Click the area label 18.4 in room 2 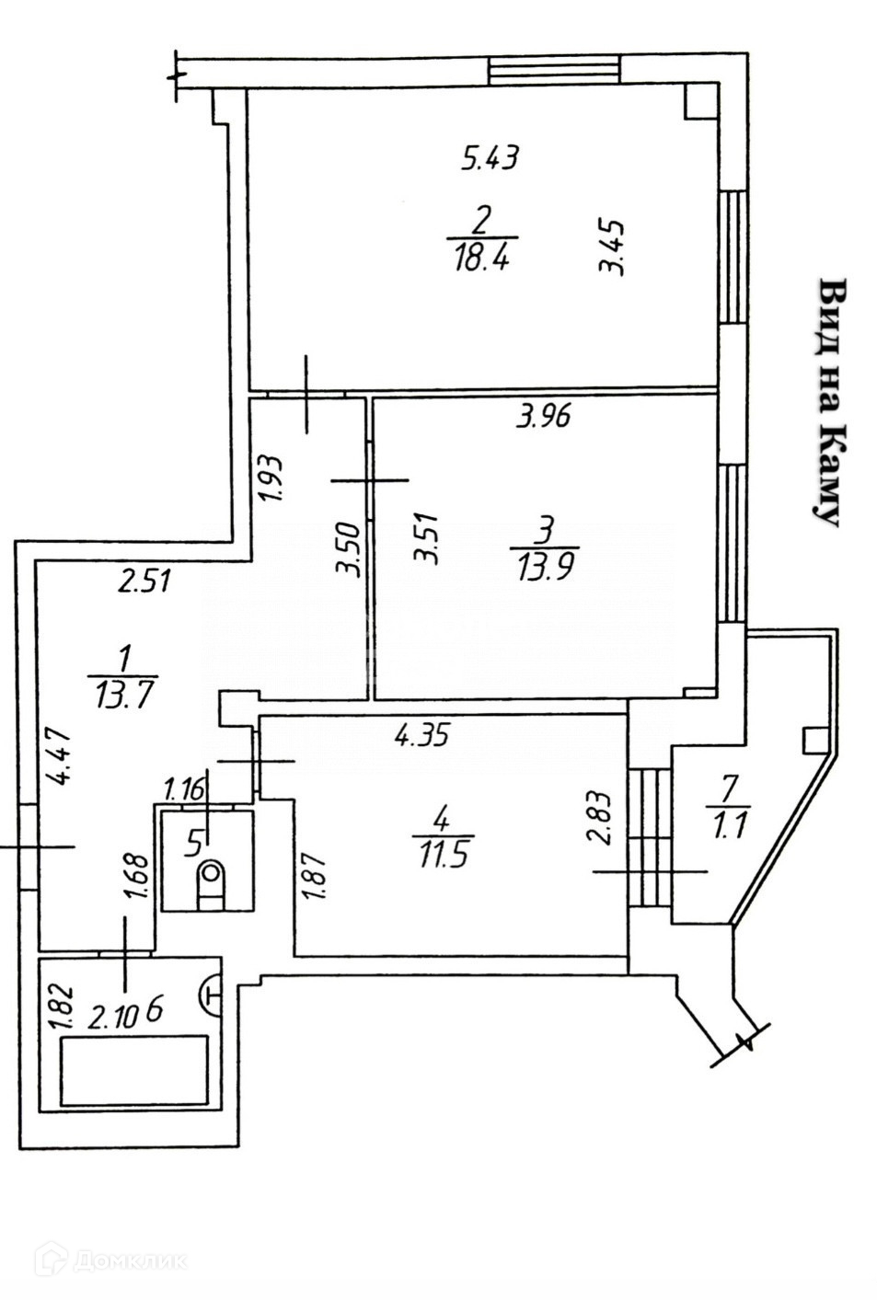[x=480, y=259]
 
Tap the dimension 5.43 [x=490, y=158]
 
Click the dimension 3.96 [x=544, y=417]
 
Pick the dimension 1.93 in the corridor [x=271, y=478]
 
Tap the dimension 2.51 [x=145, y=581]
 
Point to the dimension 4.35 [x=421, y=734]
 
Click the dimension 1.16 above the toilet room [x=182, y=789]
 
